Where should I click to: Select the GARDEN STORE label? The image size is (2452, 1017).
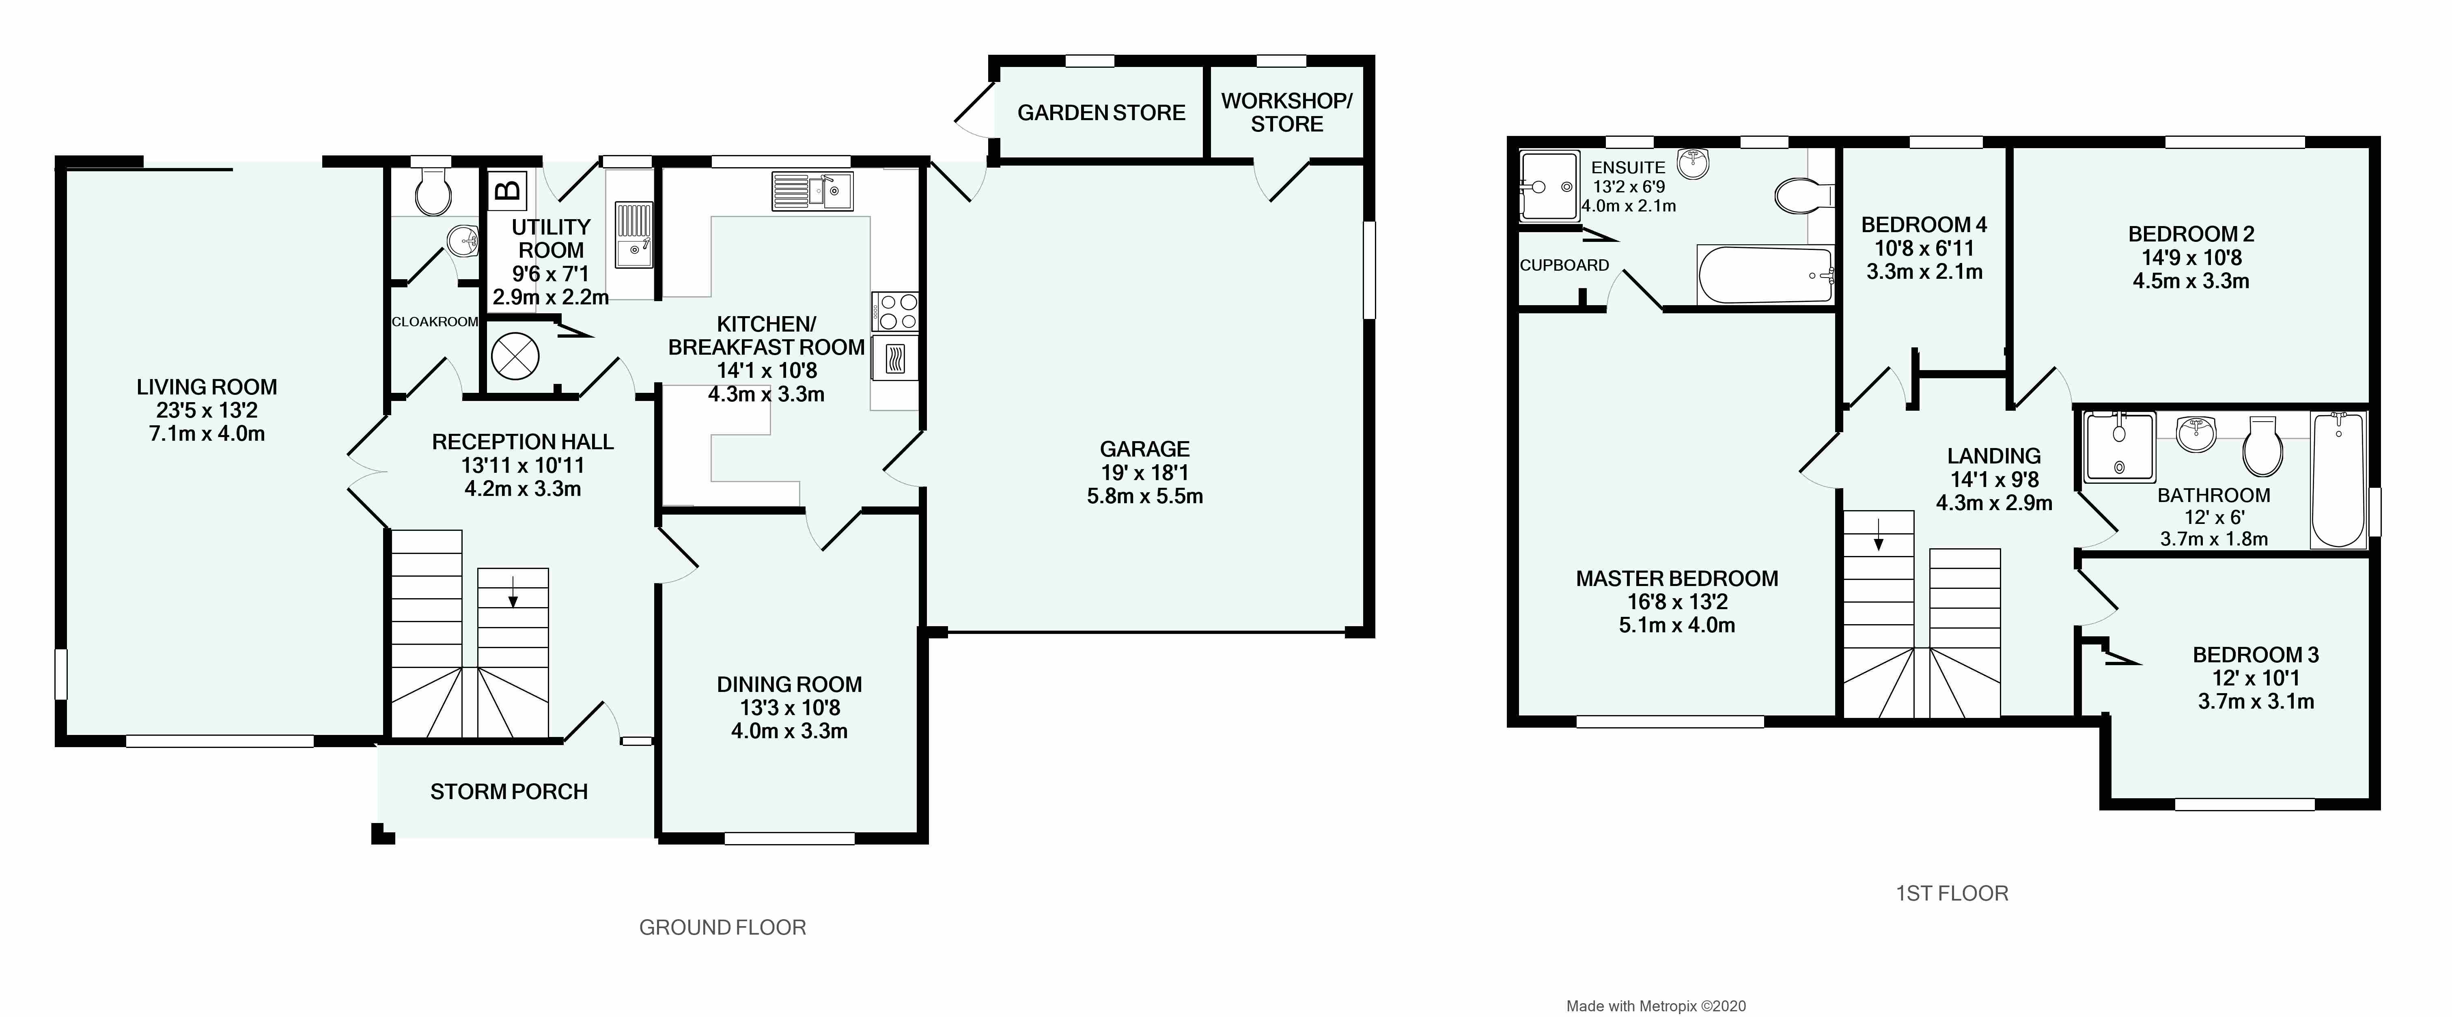1101,112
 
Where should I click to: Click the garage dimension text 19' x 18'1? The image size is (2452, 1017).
1144,472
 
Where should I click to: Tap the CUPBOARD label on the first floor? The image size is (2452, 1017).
1564,266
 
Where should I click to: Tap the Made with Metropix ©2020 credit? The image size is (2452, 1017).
1656,1006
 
